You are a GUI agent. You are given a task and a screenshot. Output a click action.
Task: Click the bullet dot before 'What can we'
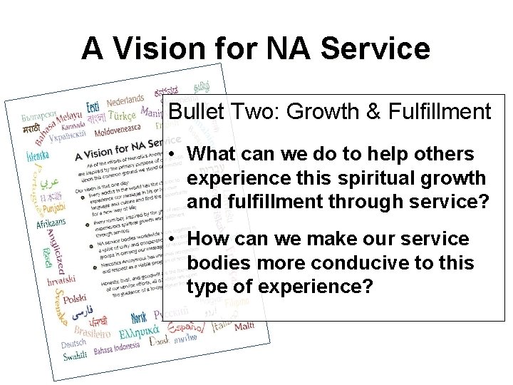(x=175, y=155)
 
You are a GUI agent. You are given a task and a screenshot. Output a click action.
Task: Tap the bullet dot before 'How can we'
(x=175, y=239)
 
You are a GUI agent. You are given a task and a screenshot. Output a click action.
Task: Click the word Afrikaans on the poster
(x=51, y=224)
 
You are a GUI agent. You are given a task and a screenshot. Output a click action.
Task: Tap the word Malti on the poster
(x=244, y=326)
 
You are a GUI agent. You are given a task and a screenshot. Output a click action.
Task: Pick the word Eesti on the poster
(x=93, y=107)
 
